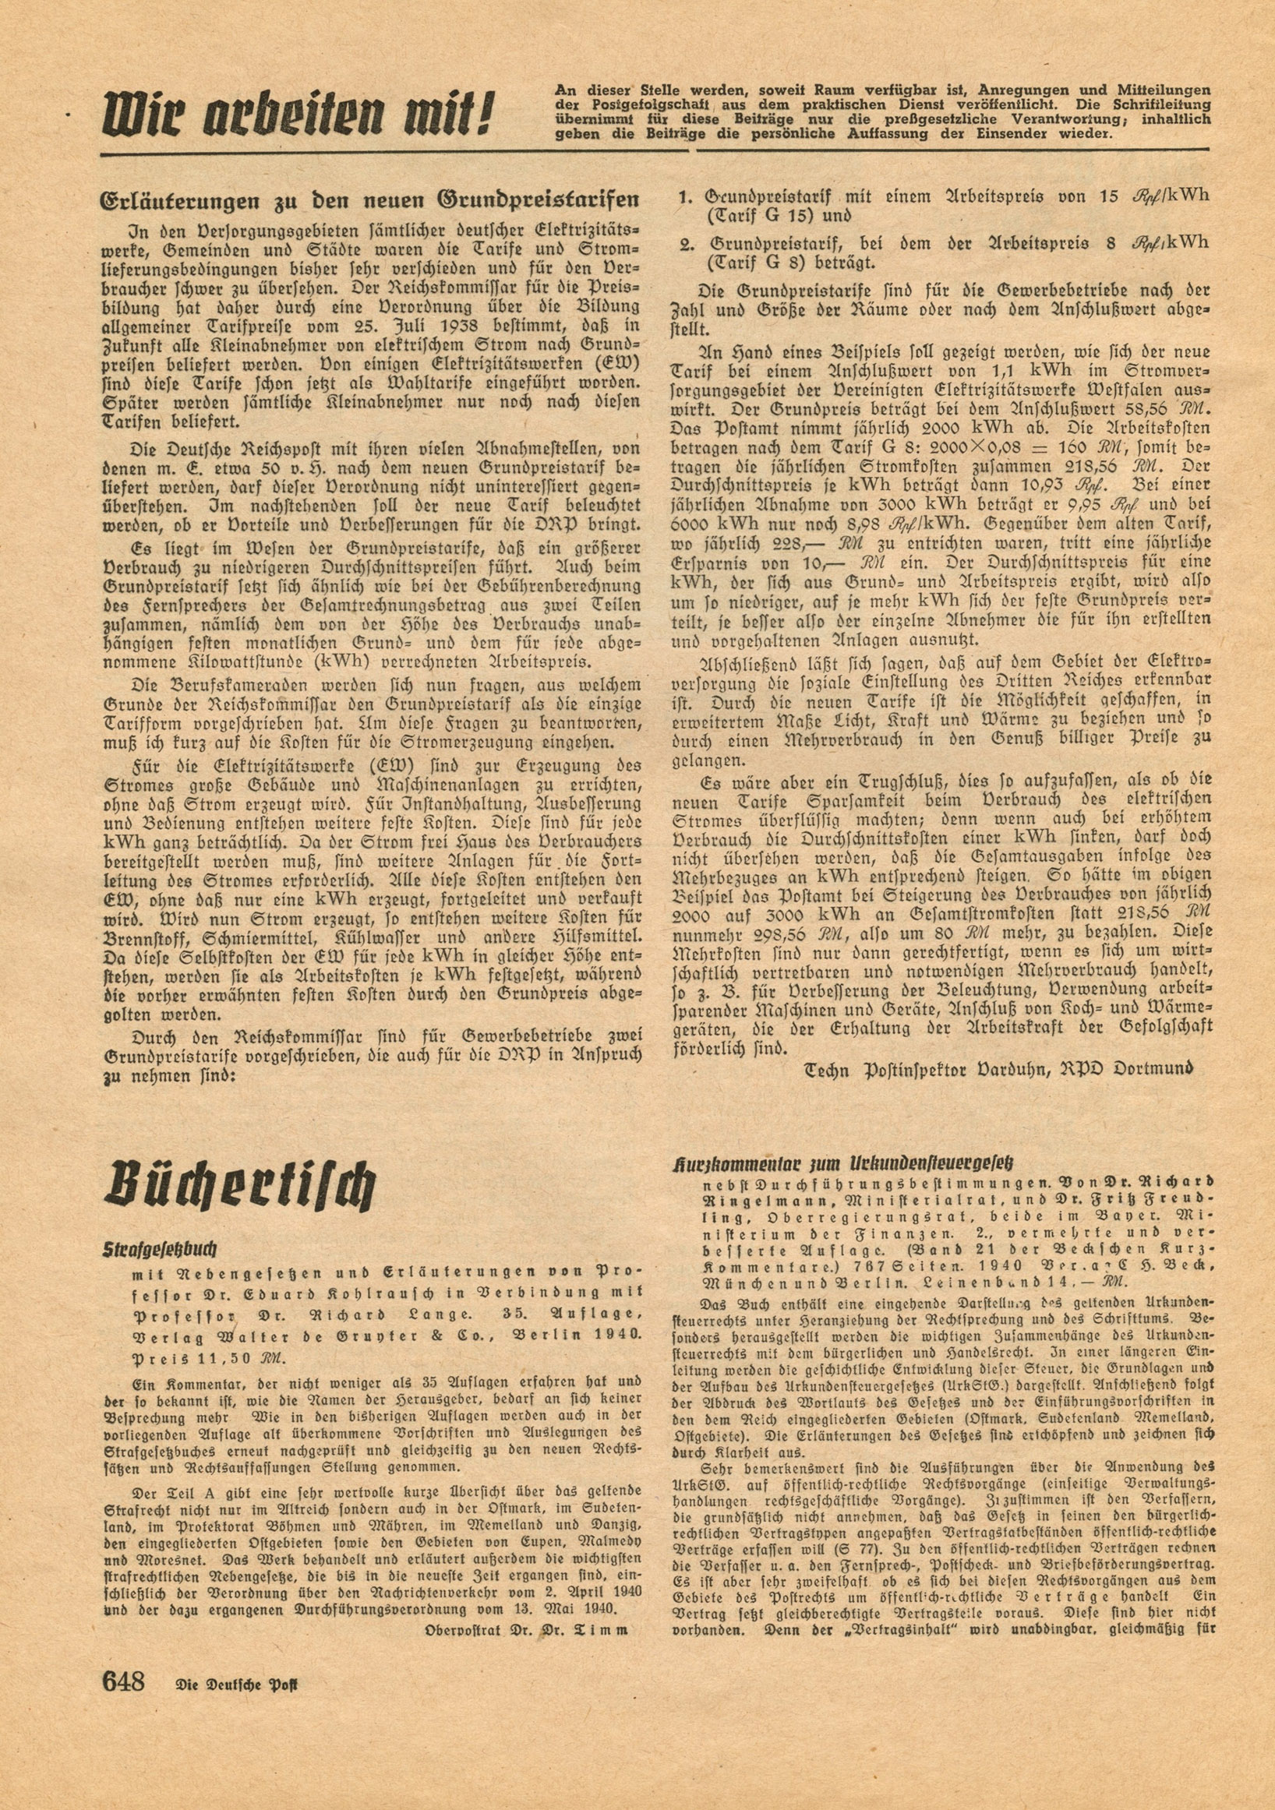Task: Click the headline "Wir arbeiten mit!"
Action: (x=295, y=116)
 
